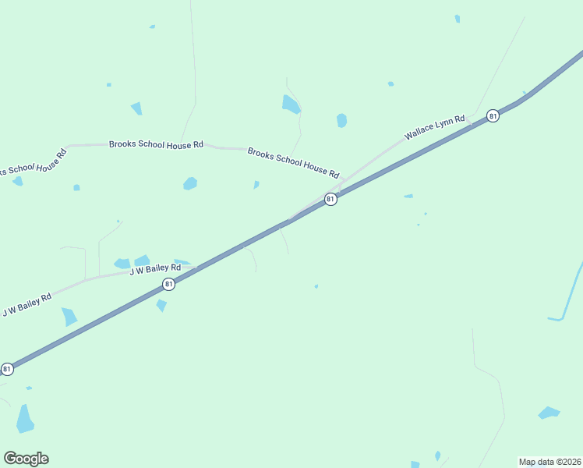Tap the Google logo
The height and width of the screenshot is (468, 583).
(26, 458)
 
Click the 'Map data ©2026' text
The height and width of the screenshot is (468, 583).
(549, 461)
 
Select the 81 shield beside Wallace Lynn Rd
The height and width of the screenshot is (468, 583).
(493, 115)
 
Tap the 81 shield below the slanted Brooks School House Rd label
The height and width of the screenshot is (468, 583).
(330, 199)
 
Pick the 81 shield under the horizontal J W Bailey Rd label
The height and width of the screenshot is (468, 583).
(169, 285)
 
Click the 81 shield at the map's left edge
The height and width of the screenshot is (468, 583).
(7, 368)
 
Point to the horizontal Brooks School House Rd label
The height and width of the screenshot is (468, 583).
(156, 144)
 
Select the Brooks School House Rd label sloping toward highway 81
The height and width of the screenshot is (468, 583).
(293, 162)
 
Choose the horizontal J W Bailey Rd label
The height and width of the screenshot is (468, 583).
(150, 269)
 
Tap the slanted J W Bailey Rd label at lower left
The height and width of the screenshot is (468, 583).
(26, 304)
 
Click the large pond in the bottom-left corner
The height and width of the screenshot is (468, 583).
(25, 419)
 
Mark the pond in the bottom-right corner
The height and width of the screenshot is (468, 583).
(549, 413)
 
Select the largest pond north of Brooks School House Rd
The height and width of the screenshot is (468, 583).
(290, 104)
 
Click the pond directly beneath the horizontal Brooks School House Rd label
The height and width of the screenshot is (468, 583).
(190, 183)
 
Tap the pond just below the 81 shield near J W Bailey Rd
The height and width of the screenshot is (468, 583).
(161, 305)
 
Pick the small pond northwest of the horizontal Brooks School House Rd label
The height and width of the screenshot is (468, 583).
(136, 108)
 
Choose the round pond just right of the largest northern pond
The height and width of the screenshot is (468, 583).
(341, 120)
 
